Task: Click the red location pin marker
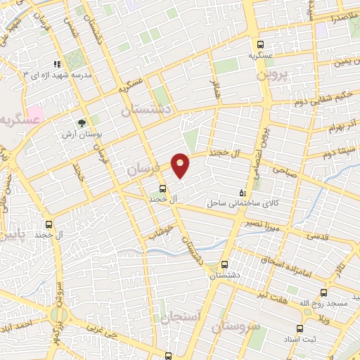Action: pyautogui.click(x=181, y=165)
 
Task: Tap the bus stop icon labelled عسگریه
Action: pyautogui.click(x=259, y=41)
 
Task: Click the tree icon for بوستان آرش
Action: pyautogui.click(x=82, y=122)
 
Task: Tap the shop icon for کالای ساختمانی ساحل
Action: pyautogui.click(x=243, y=191)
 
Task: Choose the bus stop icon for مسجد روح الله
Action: pyautogui.click(x=323, y=291)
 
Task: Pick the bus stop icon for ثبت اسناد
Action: pyautogui.click(x=300, y=328)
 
